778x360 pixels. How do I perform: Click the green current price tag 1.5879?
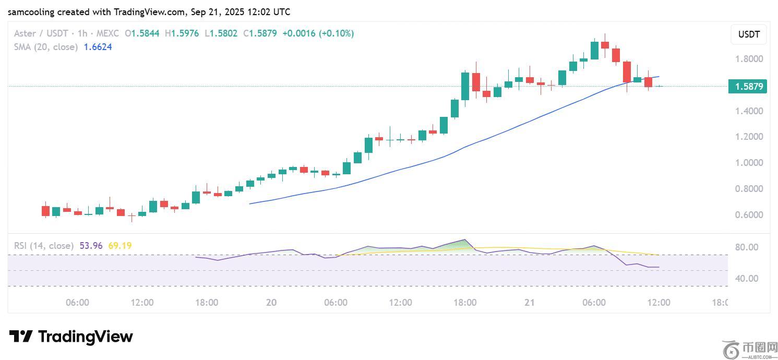748,87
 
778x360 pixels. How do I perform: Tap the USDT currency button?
749,35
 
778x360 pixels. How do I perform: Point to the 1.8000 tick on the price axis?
749,59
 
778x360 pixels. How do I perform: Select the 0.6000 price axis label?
749,215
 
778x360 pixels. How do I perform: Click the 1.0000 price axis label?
749,163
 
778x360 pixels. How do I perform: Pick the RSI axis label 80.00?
746,247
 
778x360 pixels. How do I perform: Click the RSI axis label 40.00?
746,279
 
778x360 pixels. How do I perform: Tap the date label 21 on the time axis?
529,303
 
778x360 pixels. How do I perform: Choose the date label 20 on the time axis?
271,303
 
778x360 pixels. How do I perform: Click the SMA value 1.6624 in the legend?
98,47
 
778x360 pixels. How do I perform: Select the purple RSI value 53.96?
91,245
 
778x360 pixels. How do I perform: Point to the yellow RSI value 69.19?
120,245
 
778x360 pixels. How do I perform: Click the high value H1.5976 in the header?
183,33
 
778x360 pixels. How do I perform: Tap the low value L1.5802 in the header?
221,33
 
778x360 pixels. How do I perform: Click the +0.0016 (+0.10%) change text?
318,33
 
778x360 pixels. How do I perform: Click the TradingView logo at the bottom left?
71,337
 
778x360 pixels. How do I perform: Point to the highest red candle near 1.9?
605,44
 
